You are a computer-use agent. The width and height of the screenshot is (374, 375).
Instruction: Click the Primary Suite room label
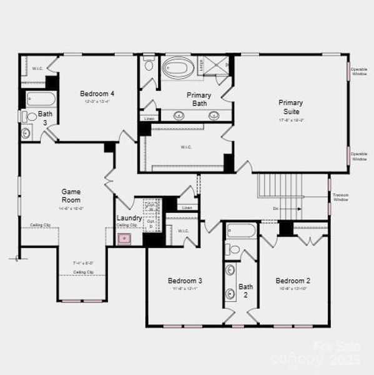tap(291, 106)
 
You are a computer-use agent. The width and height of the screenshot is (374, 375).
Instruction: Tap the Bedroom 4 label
tap(97, 94)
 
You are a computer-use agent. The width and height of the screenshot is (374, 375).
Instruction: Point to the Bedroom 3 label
tap(185, 281)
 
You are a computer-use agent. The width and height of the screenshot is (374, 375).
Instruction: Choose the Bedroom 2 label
tap(293, 281)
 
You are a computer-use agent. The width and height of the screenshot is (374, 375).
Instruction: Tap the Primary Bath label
tap(199, 99)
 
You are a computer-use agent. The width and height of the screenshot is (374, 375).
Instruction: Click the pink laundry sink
tap(125, 238)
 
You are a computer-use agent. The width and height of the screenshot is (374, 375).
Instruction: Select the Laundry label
tap(129, 218)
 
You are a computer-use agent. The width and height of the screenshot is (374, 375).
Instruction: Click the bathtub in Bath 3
tap(41, 99)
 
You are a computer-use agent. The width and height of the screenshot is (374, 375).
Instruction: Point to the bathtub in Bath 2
tap(241, 231)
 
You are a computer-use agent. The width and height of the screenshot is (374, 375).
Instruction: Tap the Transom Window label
tap(341, 197)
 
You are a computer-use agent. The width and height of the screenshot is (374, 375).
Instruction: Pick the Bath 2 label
tap(245, 291)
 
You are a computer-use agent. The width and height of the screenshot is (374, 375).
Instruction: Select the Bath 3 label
tap(45, 118)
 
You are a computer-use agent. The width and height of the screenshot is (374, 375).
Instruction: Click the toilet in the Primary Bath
tap(149, 64)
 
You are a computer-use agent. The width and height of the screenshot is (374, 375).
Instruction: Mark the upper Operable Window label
tap(359, 71)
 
